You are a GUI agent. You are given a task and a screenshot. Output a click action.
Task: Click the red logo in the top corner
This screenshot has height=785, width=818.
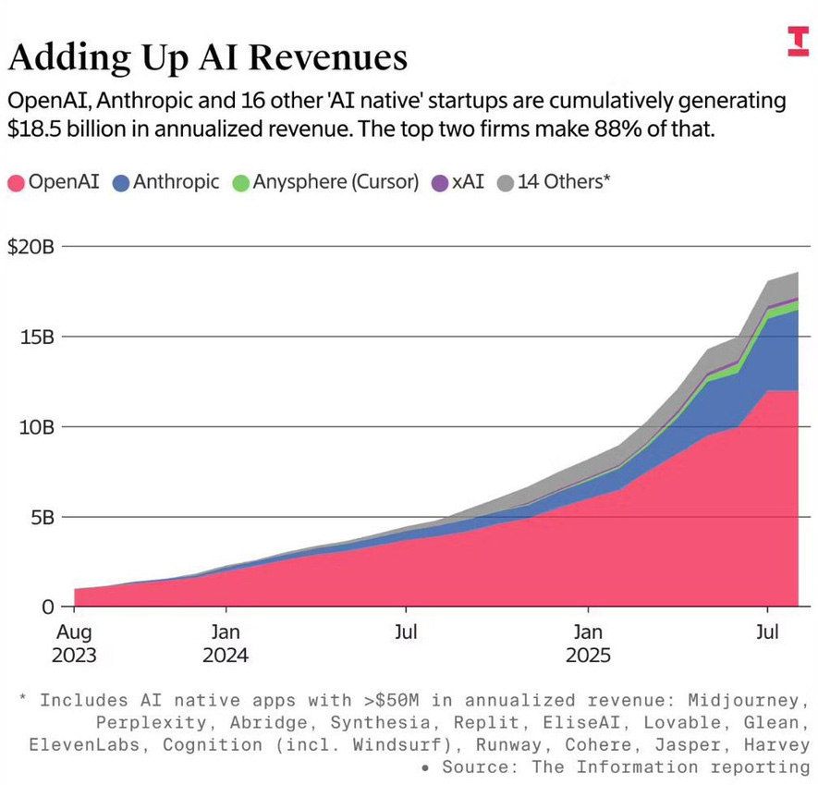click(x=797, y=41)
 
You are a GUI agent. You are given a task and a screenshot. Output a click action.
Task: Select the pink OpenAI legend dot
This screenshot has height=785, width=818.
click(x=17, y=182)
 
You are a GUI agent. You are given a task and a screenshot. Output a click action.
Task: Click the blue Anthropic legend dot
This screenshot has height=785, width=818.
click(x=120, y=182)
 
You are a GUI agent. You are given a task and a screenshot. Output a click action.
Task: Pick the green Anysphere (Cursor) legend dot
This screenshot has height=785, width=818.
click(x=238, y=182)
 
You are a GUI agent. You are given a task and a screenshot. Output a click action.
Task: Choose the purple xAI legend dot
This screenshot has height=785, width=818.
click(x=439, y=182)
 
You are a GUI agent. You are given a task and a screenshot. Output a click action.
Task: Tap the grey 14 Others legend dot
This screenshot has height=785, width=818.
click(x=504, y=182)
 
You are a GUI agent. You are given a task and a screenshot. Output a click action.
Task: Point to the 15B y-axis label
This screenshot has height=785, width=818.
click(x=37, y=337)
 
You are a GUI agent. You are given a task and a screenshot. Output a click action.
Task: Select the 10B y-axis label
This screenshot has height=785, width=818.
click(x=37, y=426)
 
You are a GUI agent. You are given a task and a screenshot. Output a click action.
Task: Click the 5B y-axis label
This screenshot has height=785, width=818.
click(x=43, y=517)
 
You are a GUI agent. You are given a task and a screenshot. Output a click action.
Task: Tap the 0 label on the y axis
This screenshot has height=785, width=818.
click(x=49, y=607)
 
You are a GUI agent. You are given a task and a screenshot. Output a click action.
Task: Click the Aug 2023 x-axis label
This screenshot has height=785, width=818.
click(x=74, y=644)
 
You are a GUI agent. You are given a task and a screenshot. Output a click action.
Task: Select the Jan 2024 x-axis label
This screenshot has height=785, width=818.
click(x=226, y=644)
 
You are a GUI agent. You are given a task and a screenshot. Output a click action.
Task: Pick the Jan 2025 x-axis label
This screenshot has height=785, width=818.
click(x=587, y=644)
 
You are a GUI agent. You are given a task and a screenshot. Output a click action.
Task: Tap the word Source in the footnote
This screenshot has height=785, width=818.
click(x=472, y=767)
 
